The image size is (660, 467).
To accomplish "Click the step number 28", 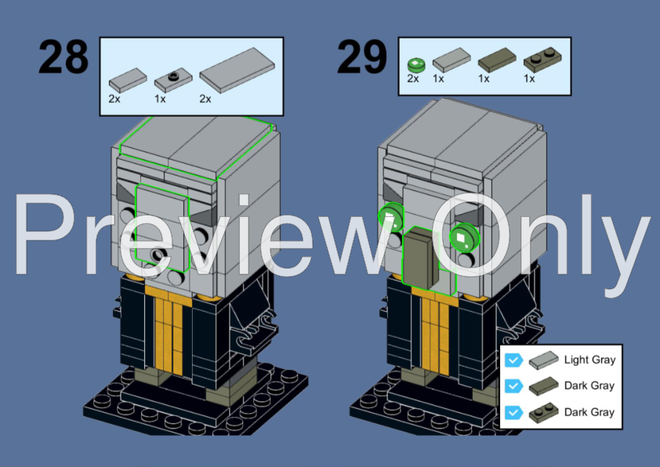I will coord(63,57).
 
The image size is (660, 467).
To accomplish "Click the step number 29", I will coord(361,57).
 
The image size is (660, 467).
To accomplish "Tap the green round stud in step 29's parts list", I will coord(415,63).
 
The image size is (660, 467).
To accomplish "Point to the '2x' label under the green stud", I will coord(413,79).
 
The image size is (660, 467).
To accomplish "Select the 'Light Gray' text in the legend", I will coord(589,360).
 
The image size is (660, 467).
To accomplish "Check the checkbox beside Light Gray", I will coord(513,360).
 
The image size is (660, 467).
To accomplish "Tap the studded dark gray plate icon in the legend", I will coord(544,413).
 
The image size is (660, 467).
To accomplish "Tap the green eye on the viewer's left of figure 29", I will coord(390,218).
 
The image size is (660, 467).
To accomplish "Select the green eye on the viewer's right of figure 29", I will coord(462,236).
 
